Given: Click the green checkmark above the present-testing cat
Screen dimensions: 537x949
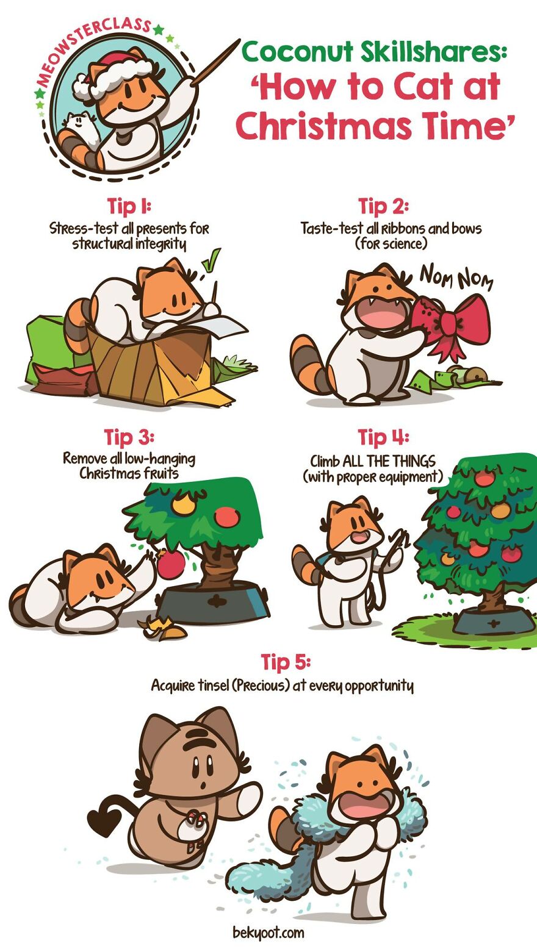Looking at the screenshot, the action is (x=211, y=260).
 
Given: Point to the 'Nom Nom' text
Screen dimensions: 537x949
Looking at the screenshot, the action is (x=456, y=277).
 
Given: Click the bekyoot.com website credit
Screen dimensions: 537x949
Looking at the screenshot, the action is (x=268, y=933).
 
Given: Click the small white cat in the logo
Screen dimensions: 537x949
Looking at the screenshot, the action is (x=81, y=126).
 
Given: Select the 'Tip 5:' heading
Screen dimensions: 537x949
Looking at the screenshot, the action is (x=286, y=662).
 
